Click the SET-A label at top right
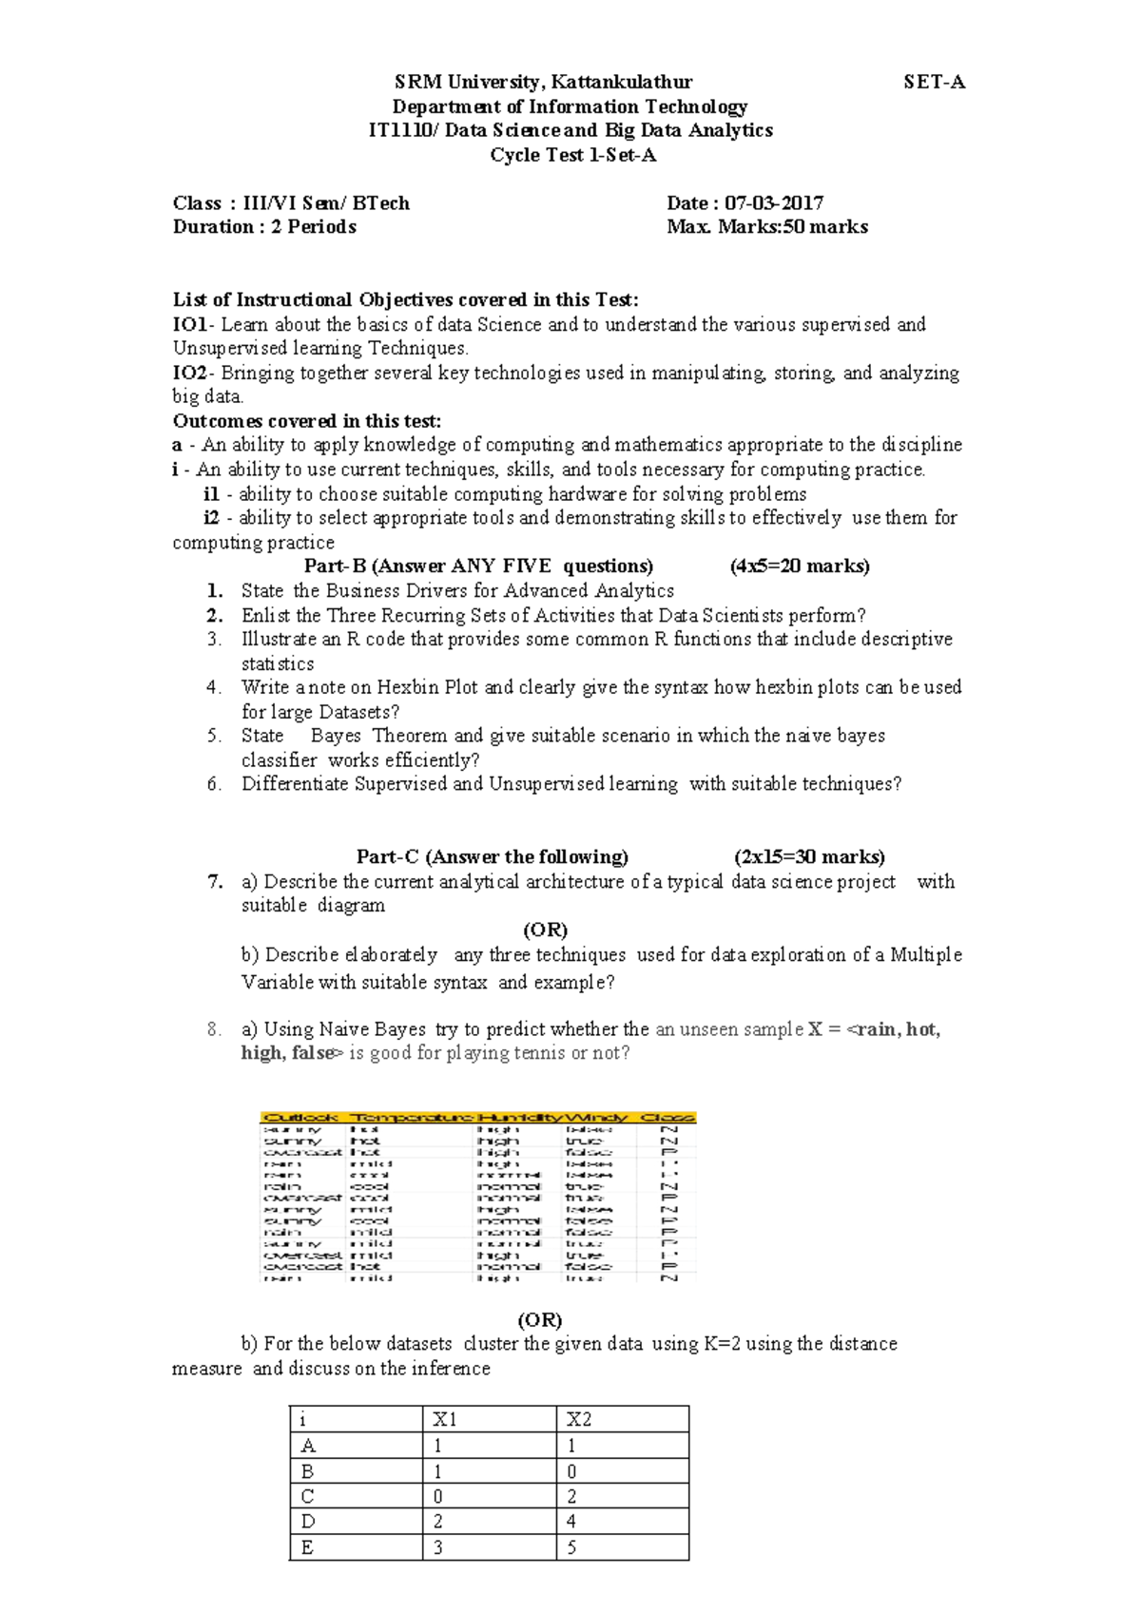point(934,82)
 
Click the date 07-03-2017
point(773,202)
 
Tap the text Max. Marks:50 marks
point(766,227)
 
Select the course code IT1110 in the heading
point(399,130)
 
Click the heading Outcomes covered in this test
point(306,421)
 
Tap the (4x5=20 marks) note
point(799,566)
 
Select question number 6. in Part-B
point(214,784)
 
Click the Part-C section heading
point(492,857)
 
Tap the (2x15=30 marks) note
point(809,857)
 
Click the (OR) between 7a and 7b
point(545,930)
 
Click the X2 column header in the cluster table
point(578,1420)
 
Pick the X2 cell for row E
point(571,1547)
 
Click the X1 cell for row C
point(437,1496)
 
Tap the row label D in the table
point(308,1522)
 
